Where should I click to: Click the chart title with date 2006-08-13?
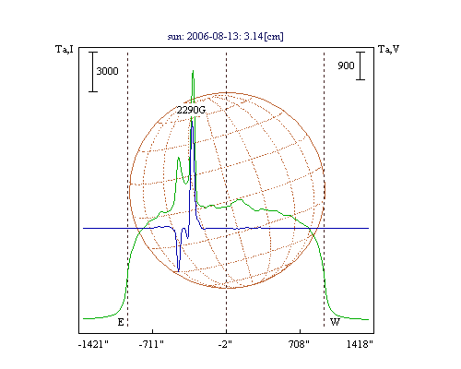coord(225,36)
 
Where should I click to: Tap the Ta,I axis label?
coord(65,49)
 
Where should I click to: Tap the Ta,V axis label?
coord(388,49)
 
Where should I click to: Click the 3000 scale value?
coord(107,71)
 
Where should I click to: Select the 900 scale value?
coord(346,65)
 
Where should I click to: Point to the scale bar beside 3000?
coord(93,72)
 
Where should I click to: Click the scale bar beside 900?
coord(361,65)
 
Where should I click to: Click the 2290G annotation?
coord(191,110)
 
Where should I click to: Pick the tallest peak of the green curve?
coord(193,71)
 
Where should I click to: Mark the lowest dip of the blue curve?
coord(179,271)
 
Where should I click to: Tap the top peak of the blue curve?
coord(192,121)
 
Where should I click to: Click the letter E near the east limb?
coord(121,322)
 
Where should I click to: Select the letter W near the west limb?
coord(335,322)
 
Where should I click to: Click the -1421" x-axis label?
coord(93,344)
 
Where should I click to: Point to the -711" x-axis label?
coord(151,344)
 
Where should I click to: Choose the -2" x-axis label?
coord(225,344)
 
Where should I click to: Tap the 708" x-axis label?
coord(299,344)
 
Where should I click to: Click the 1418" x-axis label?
coord(360,344)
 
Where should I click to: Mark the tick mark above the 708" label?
coord(300,331)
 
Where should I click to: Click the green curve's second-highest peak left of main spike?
coord(178,158)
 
